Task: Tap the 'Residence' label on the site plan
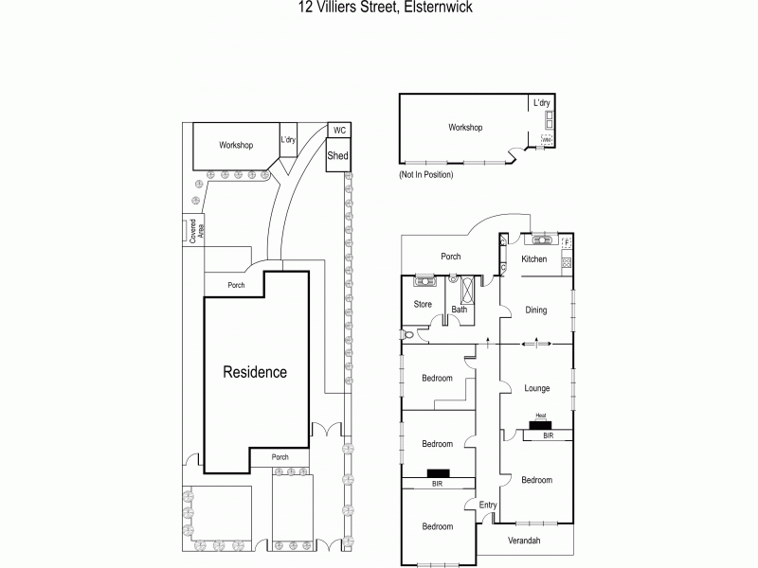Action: click(x=254, y=372)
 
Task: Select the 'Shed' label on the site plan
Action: click(x=338, y=156)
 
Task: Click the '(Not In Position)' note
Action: click(x=426, y=175)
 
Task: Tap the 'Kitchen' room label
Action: click(x=535, y=259)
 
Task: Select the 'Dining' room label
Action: click(x=536, y=310)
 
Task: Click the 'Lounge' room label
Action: click(x=536, y=388)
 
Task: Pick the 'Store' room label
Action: click(x=423, y=305)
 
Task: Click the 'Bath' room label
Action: click(x=460, y=310)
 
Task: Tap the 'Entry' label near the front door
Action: click(x=487, y=505)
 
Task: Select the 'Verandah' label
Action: click(x=524, y=540)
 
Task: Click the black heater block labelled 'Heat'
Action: click(x=541, y=424)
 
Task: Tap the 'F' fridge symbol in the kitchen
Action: click(x=567, y=243)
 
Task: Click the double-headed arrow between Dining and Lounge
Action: click(x=536, y=343)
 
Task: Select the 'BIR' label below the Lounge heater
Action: click(x=548, y=435)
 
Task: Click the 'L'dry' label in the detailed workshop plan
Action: click(x=542, y=103)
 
